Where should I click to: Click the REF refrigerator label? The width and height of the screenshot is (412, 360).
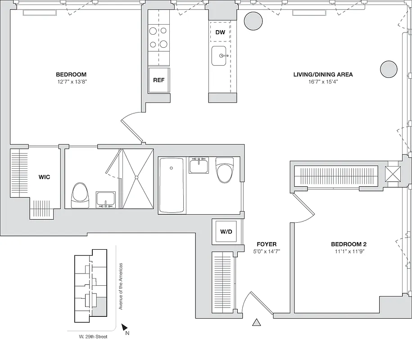tap(158, 81)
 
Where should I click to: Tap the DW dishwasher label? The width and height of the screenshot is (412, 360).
tap(220, 32)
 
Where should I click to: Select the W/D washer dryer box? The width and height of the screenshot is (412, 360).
tap(226, 232)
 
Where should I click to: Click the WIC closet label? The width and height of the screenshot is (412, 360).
tap(44, 177)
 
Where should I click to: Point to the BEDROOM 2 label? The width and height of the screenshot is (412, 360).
tap(347, 244)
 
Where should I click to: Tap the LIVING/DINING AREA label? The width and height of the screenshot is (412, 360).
tap(323, 75)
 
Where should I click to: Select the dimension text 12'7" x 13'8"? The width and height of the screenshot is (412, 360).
tap(71, 82)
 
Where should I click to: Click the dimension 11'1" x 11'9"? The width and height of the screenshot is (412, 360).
tap(347, 252)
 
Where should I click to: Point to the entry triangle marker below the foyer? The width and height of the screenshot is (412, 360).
tap(257, 322)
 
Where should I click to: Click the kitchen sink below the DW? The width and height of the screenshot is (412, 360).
tap(220, 56)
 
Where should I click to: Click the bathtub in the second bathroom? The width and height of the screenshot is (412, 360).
tap(172, 185)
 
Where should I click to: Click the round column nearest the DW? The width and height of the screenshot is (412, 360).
tap(253, 21)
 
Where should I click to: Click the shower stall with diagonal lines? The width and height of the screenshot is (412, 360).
tap(138, 179)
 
